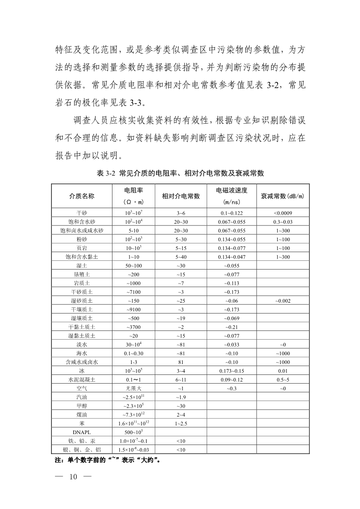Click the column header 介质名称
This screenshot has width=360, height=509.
click(x=82, y=196)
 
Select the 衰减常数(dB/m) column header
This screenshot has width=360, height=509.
click(x=283, y=196)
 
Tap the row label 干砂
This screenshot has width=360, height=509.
click(x=82, y=213)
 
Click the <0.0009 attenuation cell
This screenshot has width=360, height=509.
click(x=283, y=213)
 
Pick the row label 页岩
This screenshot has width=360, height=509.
click(x=82, y=248)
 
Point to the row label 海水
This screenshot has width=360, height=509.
click(x=82, y=353)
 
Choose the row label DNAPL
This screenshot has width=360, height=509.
click(x=82, y=432)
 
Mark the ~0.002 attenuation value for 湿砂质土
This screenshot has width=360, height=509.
click(x=283, y=300)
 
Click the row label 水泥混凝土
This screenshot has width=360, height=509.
click(x=82, y=380)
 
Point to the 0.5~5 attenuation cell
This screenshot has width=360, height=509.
click(x=283, y=380)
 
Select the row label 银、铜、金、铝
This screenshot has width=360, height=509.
click(x=82, y=449)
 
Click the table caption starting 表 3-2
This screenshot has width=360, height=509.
click(x=180, y=173)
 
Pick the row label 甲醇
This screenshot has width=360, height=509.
click(x=82, y=406)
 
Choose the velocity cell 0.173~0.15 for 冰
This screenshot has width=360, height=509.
click(x=231, y=371)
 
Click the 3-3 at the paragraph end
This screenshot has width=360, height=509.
click(x=140, y=103)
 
